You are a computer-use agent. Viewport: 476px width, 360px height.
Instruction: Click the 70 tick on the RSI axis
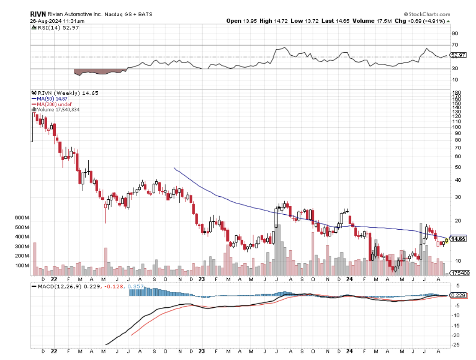[x=455, y=45]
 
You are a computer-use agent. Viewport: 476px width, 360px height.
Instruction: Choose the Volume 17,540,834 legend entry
[x=57, y=109]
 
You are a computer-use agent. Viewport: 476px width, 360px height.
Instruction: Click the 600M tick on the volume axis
[x=21, y=218]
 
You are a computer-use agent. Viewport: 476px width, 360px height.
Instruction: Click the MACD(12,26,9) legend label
[x=58, y=286]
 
